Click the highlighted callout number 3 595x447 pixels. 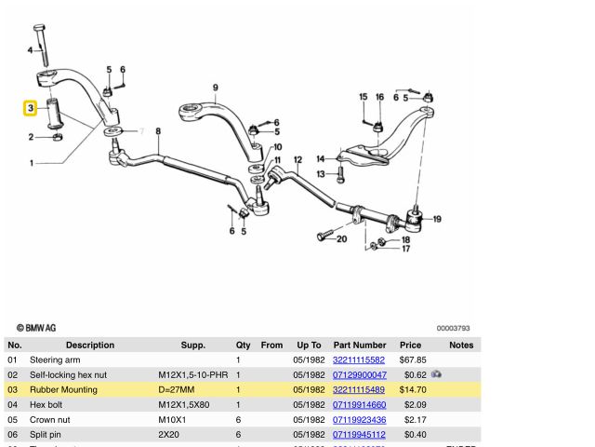click(31, 109)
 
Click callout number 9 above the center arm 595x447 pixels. click(215, 88)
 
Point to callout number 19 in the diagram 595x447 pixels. click(437, 220)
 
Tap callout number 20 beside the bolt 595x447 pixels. click(342, 238)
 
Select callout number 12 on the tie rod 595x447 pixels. click(297, 160)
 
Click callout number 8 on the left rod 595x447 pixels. click(158, 131)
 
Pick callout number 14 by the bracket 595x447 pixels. click(320, 158)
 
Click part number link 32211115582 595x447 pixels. click(359, 359)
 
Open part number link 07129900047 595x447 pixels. click(359, 374)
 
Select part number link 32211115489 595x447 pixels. click(359, 389)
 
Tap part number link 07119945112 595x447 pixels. click(359, 434)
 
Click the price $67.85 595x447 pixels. click(413, 359)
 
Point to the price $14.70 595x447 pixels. click(413, 389)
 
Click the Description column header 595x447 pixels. click(90, 345)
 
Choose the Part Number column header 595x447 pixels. click(359, 345)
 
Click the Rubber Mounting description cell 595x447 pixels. click(63, 389)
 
